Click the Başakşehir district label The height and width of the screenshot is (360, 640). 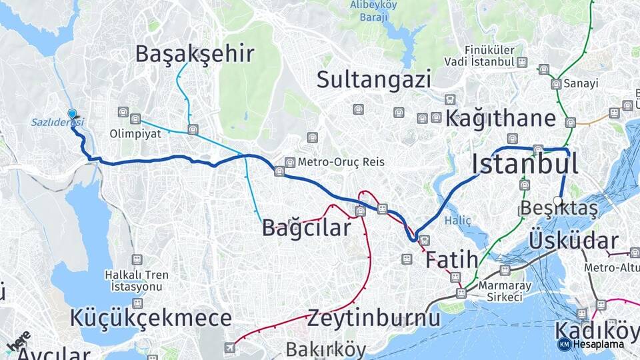tap(195, 54)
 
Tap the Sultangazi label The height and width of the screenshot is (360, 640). tap(373, 80)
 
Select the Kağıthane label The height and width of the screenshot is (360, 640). tap(500, 119)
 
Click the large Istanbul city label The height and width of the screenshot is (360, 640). tap(525, 163)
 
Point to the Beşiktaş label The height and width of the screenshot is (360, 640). tap(559, 209)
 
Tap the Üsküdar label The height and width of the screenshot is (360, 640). tap(573, 241)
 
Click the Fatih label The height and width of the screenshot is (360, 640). tap(451, 259)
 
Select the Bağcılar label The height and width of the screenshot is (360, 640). tap(306, 228)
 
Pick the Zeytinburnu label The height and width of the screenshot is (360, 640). tap(373, 319)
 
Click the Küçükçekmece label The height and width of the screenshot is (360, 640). tap(151, 318)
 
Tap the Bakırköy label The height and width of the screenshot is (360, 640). tap(326, 349)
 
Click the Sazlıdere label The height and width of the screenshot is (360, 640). tap(57, 122)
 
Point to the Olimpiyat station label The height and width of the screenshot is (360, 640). tap(135, 133)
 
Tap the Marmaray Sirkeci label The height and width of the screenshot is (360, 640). tap(501, 291)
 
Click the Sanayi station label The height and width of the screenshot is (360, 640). tap(580, 84)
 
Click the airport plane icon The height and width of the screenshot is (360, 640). tap(230, 347)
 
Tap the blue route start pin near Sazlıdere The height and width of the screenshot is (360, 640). tap(72, 115)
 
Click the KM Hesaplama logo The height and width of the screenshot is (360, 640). tap(590, 344)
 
